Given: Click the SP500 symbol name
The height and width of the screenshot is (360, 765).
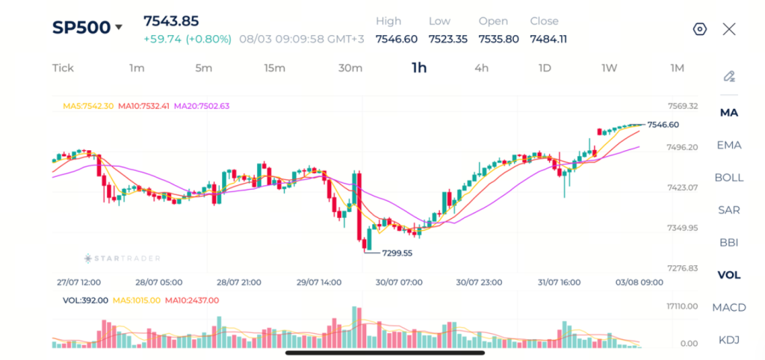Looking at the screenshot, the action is pyautogui.click(x=81, y=28).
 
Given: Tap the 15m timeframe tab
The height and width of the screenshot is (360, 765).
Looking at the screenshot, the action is pyautogui.click(x=275, y=68).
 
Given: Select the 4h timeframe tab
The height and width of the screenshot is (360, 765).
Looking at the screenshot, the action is pyautogui.click(x=482, y=68).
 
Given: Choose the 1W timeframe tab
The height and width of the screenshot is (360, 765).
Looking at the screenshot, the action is pyautogui.click(x=610, y=68).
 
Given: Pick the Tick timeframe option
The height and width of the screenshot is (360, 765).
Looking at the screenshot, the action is pyautogui.click(x=63, y=68).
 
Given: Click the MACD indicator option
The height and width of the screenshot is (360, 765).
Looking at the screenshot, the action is pyautogui.click(x=729, y=307).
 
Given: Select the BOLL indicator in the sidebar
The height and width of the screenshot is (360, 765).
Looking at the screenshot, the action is pyautogui.click(x=729, y=178).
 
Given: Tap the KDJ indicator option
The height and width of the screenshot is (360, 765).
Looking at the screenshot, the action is pyautogui.click(x=729, y=340).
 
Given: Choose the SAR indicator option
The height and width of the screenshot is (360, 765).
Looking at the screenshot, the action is pyautogui.click(x=729, y=210).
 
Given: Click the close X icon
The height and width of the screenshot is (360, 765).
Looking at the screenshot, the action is pyautogui.click(x=729, y=29).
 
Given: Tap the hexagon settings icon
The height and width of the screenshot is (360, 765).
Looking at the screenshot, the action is pyautogui.click(x=699, y=29).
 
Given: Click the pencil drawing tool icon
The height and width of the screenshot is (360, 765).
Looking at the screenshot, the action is pyautogui.click(x=729, y=77).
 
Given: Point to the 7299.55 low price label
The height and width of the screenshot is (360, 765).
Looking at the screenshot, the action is pyautogui.click(x=397, y=253).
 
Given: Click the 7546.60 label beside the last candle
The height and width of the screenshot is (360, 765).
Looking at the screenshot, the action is pyautogui.click(x=663, y=125).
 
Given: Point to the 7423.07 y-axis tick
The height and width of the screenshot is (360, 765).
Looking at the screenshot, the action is pyautogui.click(x=682, y=187).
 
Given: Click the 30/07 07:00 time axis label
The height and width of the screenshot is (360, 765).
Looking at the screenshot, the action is pyautogui.click(x=399, y=282).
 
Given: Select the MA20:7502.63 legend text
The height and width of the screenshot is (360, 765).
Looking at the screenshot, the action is pyautogui.click(x=202, y=106).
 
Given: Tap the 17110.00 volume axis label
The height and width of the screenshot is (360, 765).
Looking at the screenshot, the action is pyautogui.click(x=682, y=306).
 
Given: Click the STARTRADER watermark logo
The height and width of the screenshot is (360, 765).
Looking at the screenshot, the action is pyautogui.click(x=122, y=258).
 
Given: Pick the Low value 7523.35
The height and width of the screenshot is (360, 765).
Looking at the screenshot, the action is pyautogui.click(x=448, y=39).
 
